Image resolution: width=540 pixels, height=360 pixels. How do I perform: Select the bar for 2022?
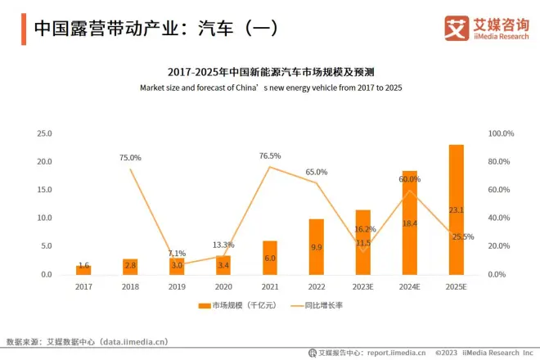[x=317, y=246]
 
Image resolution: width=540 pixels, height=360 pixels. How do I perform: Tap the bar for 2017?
[x=83, y=269]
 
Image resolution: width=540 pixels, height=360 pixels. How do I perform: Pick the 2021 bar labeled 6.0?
[x=270, y=258]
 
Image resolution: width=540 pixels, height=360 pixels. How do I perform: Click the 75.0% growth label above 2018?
[x=130, y=157]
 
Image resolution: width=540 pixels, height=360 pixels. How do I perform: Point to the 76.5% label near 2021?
[x=270, y=155]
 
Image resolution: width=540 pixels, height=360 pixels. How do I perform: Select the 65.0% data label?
[x=317, y=172]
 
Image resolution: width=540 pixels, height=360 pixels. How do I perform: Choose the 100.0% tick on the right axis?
[x=501, y=133]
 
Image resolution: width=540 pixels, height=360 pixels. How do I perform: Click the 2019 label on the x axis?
[x=177, y=287]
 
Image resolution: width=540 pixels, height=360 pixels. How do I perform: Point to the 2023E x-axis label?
[x=363, y=287]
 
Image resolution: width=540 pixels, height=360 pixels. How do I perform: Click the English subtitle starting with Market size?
[x=271, y=87]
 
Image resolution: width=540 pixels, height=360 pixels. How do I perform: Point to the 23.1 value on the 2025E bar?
[x=457, y=210]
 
